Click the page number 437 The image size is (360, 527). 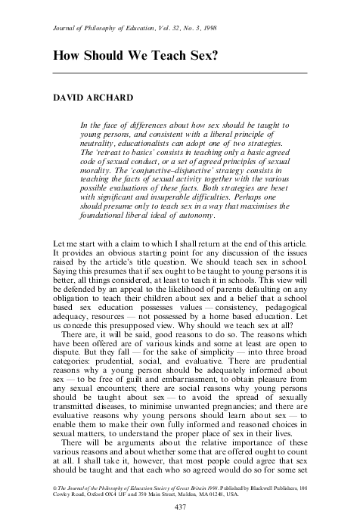(180, 506)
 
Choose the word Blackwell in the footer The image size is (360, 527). (269, 479)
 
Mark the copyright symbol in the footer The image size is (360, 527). (50, 479)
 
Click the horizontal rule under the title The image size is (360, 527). (179, 73)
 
